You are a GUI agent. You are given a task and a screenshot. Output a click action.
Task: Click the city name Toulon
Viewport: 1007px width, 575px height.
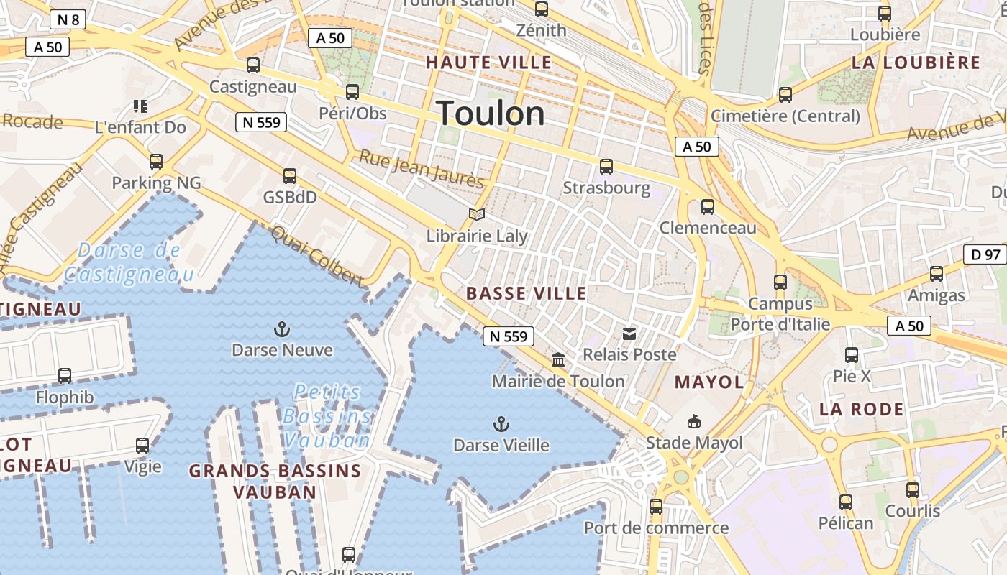point(491,114)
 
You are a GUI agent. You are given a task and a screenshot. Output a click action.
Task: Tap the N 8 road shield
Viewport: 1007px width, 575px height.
point(68,19)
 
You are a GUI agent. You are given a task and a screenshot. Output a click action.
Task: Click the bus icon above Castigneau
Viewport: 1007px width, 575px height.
point(253,65)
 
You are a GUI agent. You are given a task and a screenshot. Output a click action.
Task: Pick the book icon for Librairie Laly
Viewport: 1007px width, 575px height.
point(477,214)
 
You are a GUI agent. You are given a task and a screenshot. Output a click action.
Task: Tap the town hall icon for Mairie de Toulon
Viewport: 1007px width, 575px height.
point(558,359)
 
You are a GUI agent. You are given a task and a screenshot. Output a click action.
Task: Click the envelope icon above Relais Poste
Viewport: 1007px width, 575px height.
point(629,333)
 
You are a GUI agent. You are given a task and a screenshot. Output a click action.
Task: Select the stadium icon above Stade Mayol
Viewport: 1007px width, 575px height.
point(694,421)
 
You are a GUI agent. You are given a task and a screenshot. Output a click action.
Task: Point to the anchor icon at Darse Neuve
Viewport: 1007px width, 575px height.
point(282,329)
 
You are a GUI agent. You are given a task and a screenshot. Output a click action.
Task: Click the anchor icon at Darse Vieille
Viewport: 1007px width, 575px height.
point(501,424)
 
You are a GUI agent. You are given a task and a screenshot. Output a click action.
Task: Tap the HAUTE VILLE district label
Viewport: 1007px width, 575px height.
point(488,63)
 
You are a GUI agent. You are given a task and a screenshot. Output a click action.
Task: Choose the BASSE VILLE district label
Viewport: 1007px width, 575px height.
point(527,293)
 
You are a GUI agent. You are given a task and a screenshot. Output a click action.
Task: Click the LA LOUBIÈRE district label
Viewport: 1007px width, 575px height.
point(916,63)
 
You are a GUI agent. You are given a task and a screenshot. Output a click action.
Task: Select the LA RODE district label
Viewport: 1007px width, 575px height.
point(862,410)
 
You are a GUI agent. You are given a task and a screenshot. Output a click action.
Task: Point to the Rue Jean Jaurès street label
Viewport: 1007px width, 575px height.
point(422,170)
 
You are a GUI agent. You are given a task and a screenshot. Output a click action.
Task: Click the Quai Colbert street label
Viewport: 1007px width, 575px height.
point(317,255)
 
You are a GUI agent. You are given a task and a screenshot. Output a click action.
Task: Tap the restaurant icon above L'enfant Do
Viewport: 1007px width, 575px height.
point(140,106)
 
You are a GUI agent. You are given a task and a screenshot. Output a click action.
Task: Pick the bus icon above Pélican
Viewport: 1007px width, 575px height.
point(846,502)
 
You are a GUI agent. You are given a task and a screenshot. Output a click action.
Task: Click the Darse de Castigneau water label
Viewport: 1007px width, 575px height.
point(129,262)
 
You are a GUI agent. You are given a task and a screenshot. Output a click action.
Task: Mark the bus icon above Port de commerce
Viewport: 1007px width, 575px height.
point(656,507)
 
